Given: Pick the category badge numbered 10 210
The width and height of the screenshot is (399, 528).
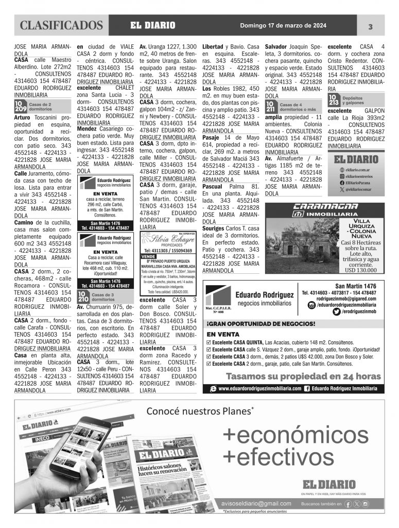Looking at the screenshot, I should tap(83, 296).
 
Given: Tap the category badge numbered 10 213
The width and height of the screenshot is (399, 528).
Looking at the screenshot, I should tap(334, 100).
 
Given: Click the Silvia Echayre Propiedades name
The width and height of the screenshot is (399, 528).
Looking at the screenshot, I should tap(166, 239).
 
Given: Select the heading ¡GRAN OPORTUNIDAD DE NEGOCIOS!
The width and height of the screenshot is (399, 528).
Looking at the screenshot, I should tap(262, 324).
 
